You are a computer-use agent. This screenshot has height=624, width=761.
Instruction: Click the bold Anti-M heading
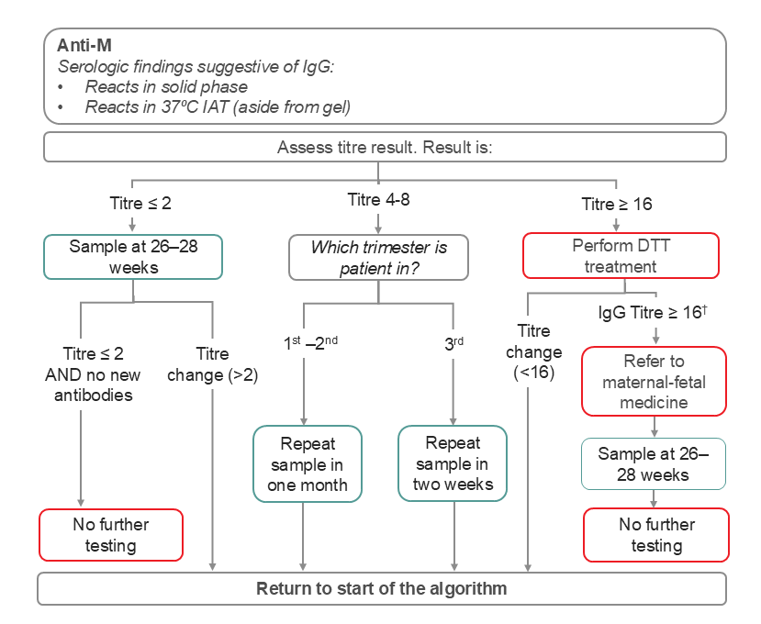(x=85, y=46)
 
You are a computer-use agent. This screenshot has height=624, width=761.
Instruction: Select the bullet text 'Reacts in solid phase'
(x=166, y=86)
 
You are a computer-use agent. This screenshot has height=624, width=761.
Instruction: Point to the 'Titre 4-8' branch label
(x=378, y=201)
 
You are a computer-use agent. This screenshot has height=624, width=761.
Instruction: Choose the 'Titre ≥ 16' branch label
(x=617, y=203)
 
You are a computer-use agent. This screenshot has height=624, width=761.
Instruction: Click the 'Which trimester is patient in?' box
(x=378, y=257)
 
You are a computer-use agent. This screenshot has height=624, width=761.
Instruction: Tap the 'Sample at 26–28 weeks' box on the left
(x=134, y=256)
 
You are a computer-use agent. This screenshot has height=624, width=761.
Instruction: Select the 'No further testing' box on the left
(x=111, y=535)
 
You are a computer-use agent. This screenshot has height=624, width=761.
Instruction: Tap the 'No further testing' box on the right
(x=656, y=535)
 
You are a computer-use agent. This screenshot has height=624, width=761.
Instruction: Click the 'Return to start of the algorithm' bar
(x=381, y=588)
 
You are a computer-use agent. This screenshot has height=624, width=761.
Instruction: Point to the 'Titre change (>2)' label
(x=213, y=363)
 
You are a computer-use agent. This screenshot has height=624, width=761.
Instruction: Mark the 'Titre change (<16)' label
(x=533, y=352)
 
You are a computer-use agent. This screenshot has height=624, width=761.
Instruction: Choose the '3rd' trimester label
(x=453, y=342)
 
